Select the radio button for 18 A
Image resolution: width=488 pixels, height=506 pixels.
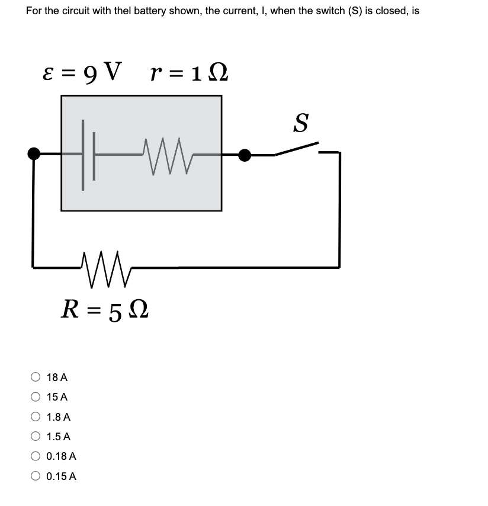(x=36, y=377)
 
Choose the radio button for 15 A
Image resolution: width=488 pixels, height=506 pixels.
(x=36, y=397)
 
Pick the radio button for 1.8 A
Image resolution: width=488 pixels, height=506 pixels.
(x=36, y=417)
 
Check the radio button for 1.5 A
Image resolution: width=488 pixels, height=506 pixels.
(x=36, y=437)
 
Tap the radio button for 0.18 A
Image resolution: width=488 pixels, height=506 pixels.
(x=36, y=456)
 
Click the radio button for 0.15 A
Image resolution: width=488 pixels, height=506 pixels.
(x=36, y=476)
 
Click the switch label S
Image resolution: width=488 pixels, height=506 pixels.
(x=301, y=123)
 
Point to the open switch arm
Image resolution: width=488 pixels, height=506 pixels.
(x=296, y=149)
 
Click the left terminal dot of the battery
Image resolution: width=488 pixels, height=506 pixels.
(x=34, y=154)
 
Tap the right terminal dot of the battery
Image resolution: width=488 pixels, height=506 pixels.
(x=244, y=155)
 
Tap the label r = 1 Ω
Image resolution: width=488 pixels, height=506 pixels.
(x=188, y=73)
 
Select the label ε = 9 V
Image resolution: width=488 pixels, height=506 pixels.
(x=83, y=73)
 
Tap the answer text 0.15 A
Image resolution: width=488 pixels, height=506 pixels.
(x=61, y=476)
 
